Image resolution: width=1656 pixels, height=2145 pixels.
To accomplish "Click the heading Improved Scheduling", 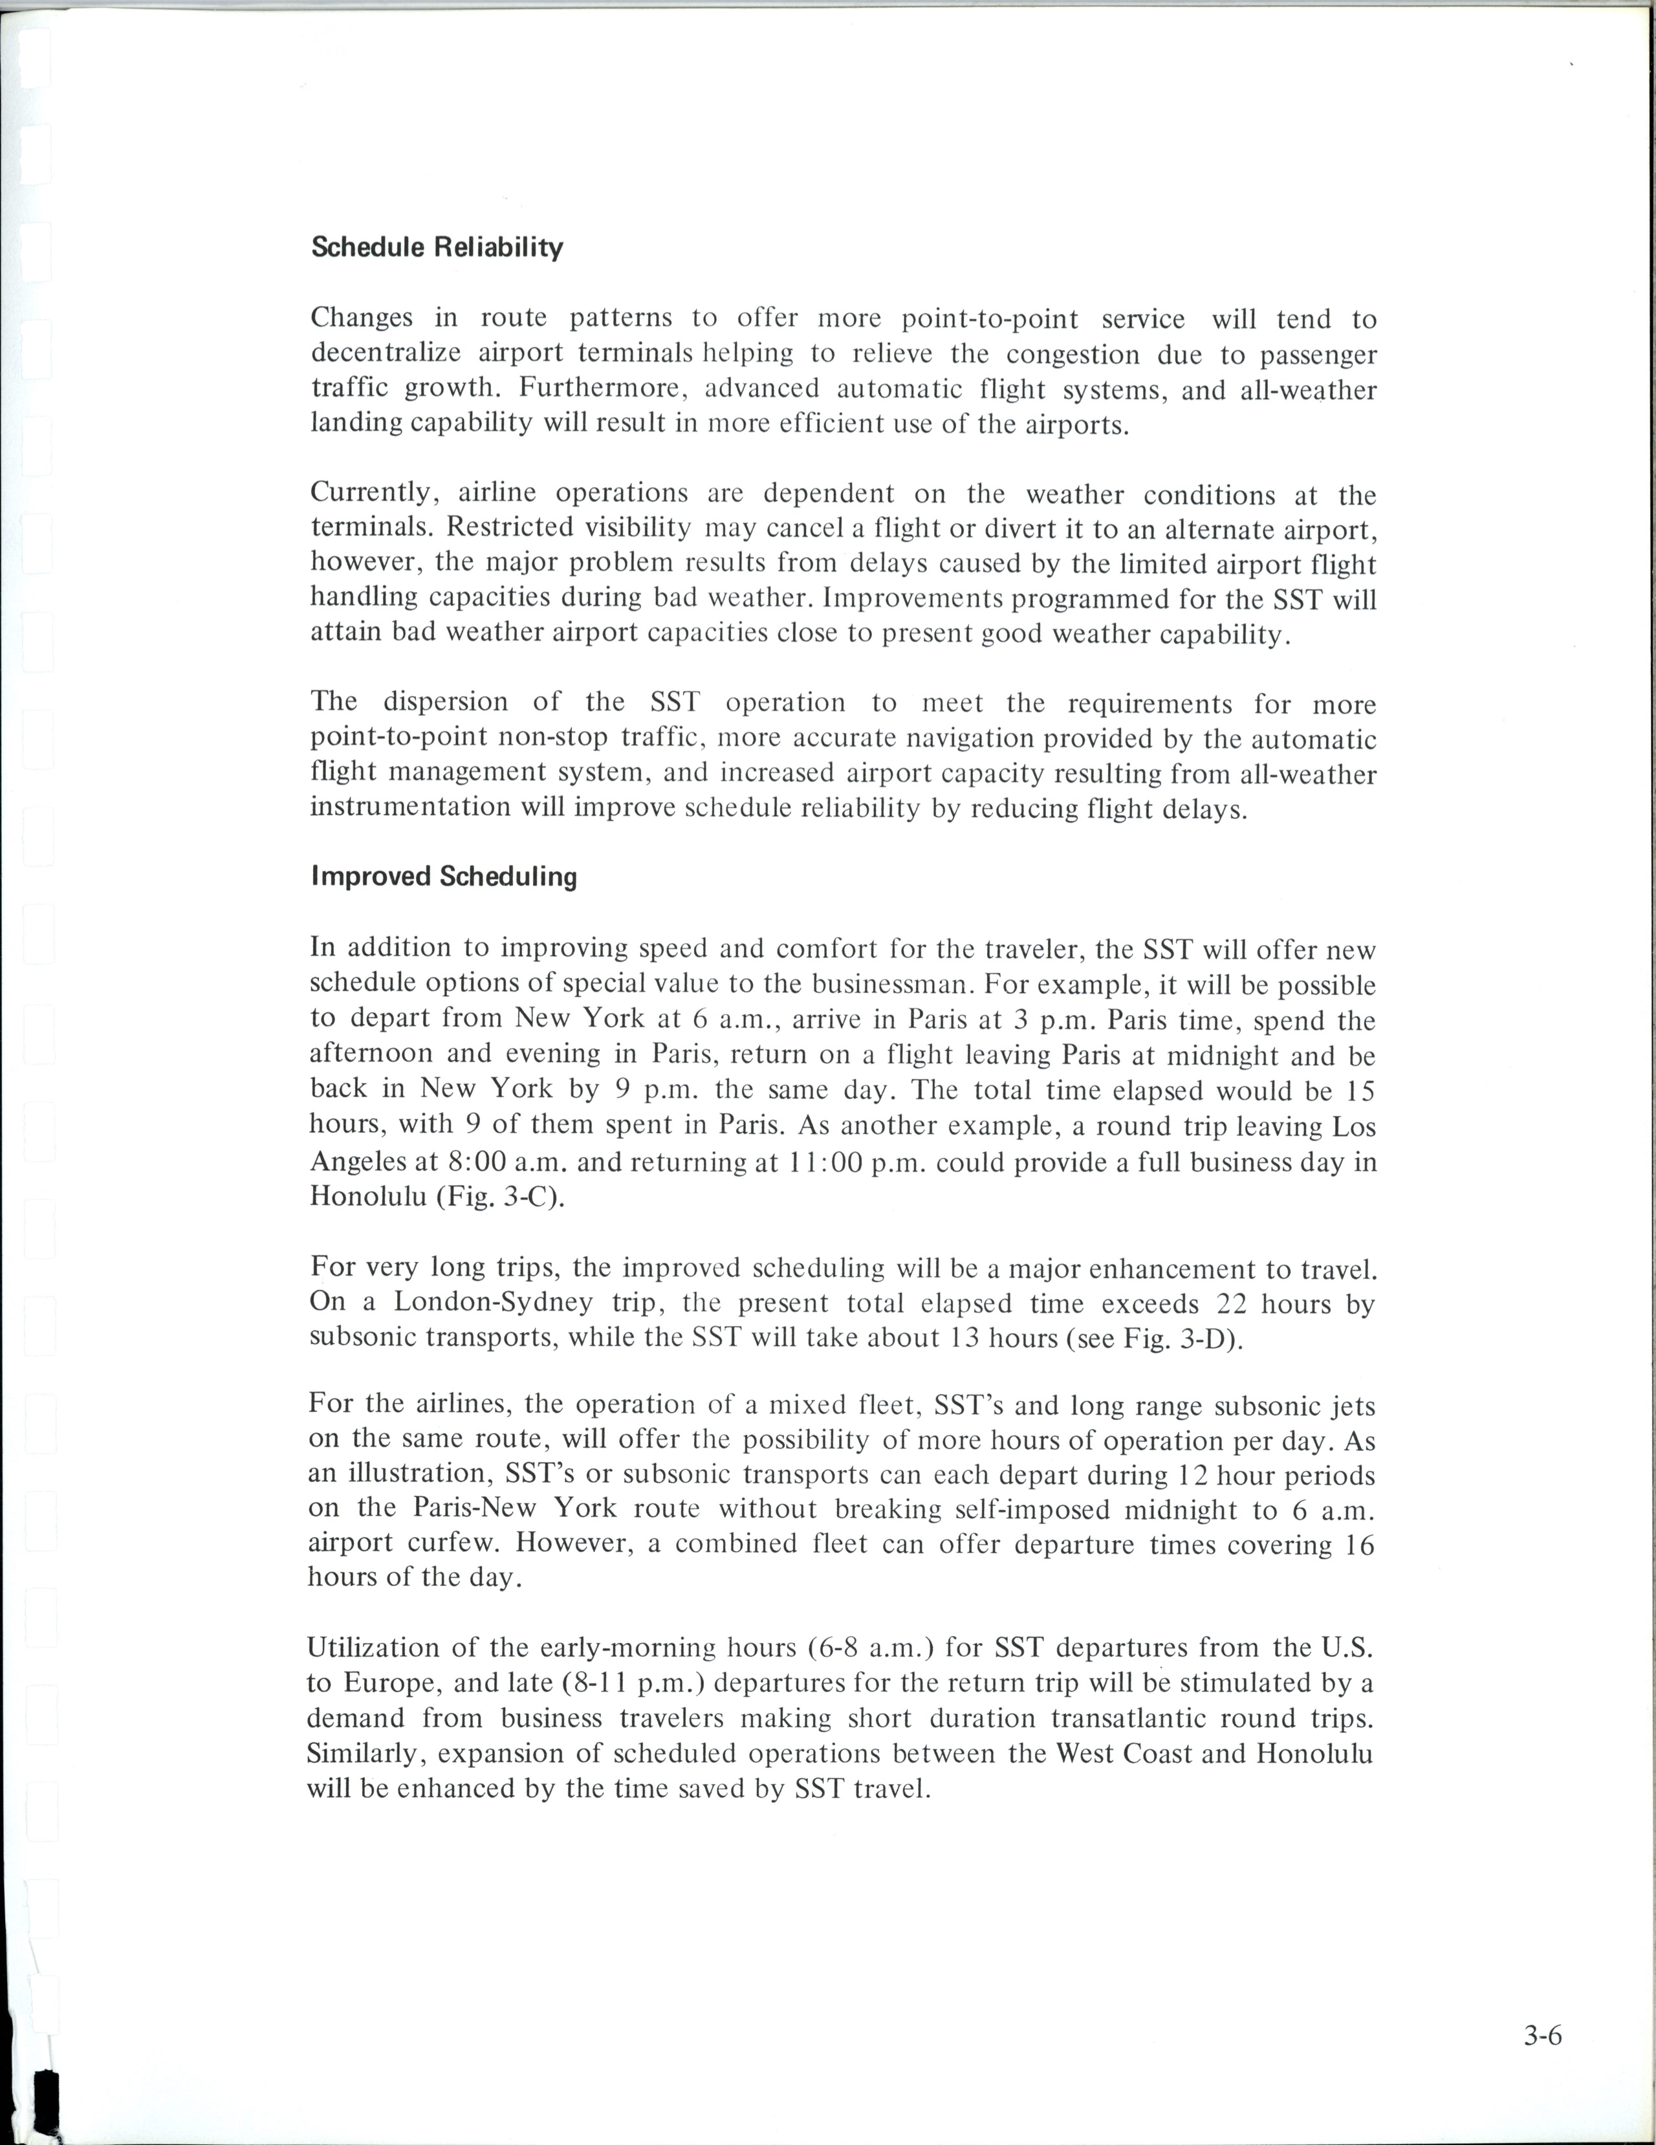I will tap(444, 876).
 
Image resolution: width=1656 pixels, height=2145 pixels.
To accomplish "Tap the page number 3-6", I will tap(1543, 2035).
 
